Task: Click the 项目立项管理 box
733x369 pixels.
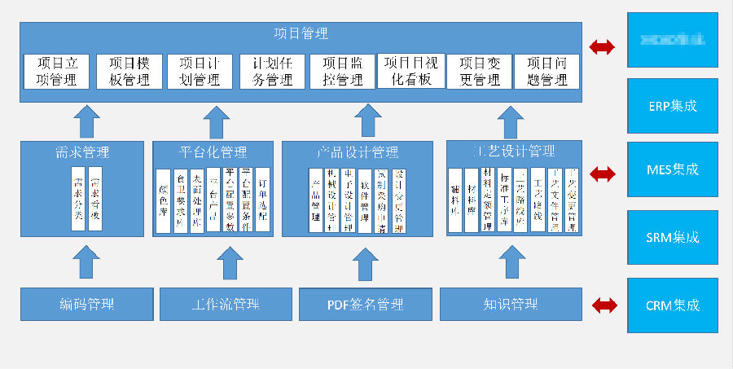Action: pos(56,71)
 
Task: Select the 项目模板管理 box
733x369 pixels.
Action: pos(129,71)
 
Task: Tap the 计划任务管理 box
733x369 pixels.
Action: pos(272,71)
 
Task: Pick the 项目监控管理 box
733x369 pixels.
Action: pos(342,71)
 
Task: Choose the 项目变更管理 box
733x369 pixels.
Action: pos(479,71)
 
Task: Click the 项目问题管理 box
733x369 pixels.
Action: pos(546,71)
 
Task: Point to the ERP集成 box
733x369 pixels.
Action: pos(673,106)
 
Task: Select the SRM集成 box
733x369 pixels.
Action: pos(673,238)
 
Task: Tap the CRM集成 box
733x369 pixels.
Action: pos(673,305)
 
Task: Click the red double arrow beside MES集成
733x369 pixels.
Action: pos(604,173)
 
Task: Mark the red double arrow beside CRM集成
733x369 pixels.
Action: pos(604,305)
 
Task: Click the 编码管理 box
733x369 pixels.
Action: pos(87,305)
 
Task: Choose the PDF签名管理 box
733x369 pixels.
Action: pos(365,305)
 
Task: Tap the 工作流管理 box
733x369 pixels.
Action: pos(226,305)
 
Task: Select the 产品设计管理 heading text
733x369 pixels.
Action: pos(358,152)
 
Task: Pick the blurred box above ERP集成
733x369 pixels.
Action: pos(673,39)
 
